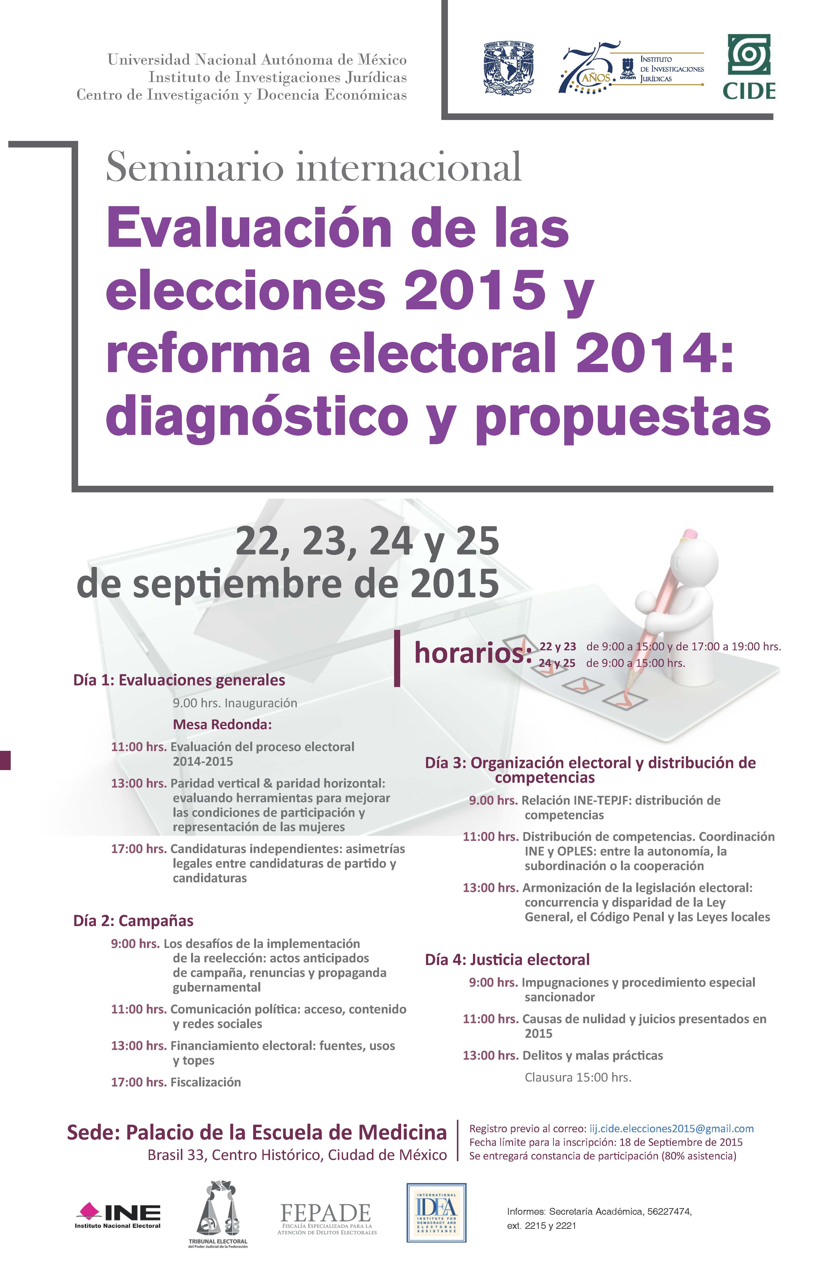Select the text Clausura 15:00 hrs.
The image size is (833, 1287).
578,1077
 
